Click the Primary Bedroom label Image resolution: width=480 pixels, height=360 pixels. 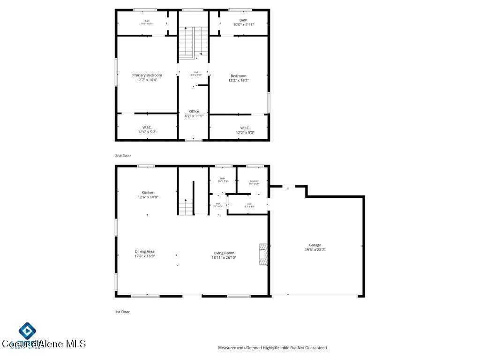pos(147,75)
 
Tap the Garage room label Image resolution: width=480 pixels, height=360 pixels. pos(315,245)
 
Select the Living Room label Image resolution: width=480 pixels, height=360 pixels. pos(224,253)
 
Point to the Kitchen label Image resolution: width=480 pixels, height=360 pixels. pos(148,193)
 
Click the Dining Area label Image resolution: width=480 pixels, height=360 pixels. pos(144,252)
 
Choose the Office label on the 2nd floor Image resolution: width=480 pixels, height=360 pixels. pos(194,112)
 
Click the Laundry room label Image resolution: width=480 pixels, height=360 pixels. pos(254,181)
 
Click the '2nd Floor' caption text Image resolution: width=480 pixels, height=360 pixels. pos(123,156)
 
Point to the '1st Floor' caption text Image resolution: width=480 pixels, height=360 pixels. pos(122,312)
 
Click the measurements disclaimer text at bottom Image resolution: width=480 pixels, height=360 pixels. pos(273,348)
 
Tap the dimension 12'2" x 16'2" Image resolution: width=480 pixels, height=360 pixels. pos(239,81)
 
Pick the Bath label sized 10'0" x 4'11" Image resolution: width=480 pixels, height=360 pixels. pos(243,20)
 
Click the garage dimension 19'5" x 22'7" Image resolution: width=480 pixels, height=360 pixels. pos(315,250)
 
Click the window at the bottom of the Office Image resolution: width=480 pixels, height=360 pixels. pos(193,140)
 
